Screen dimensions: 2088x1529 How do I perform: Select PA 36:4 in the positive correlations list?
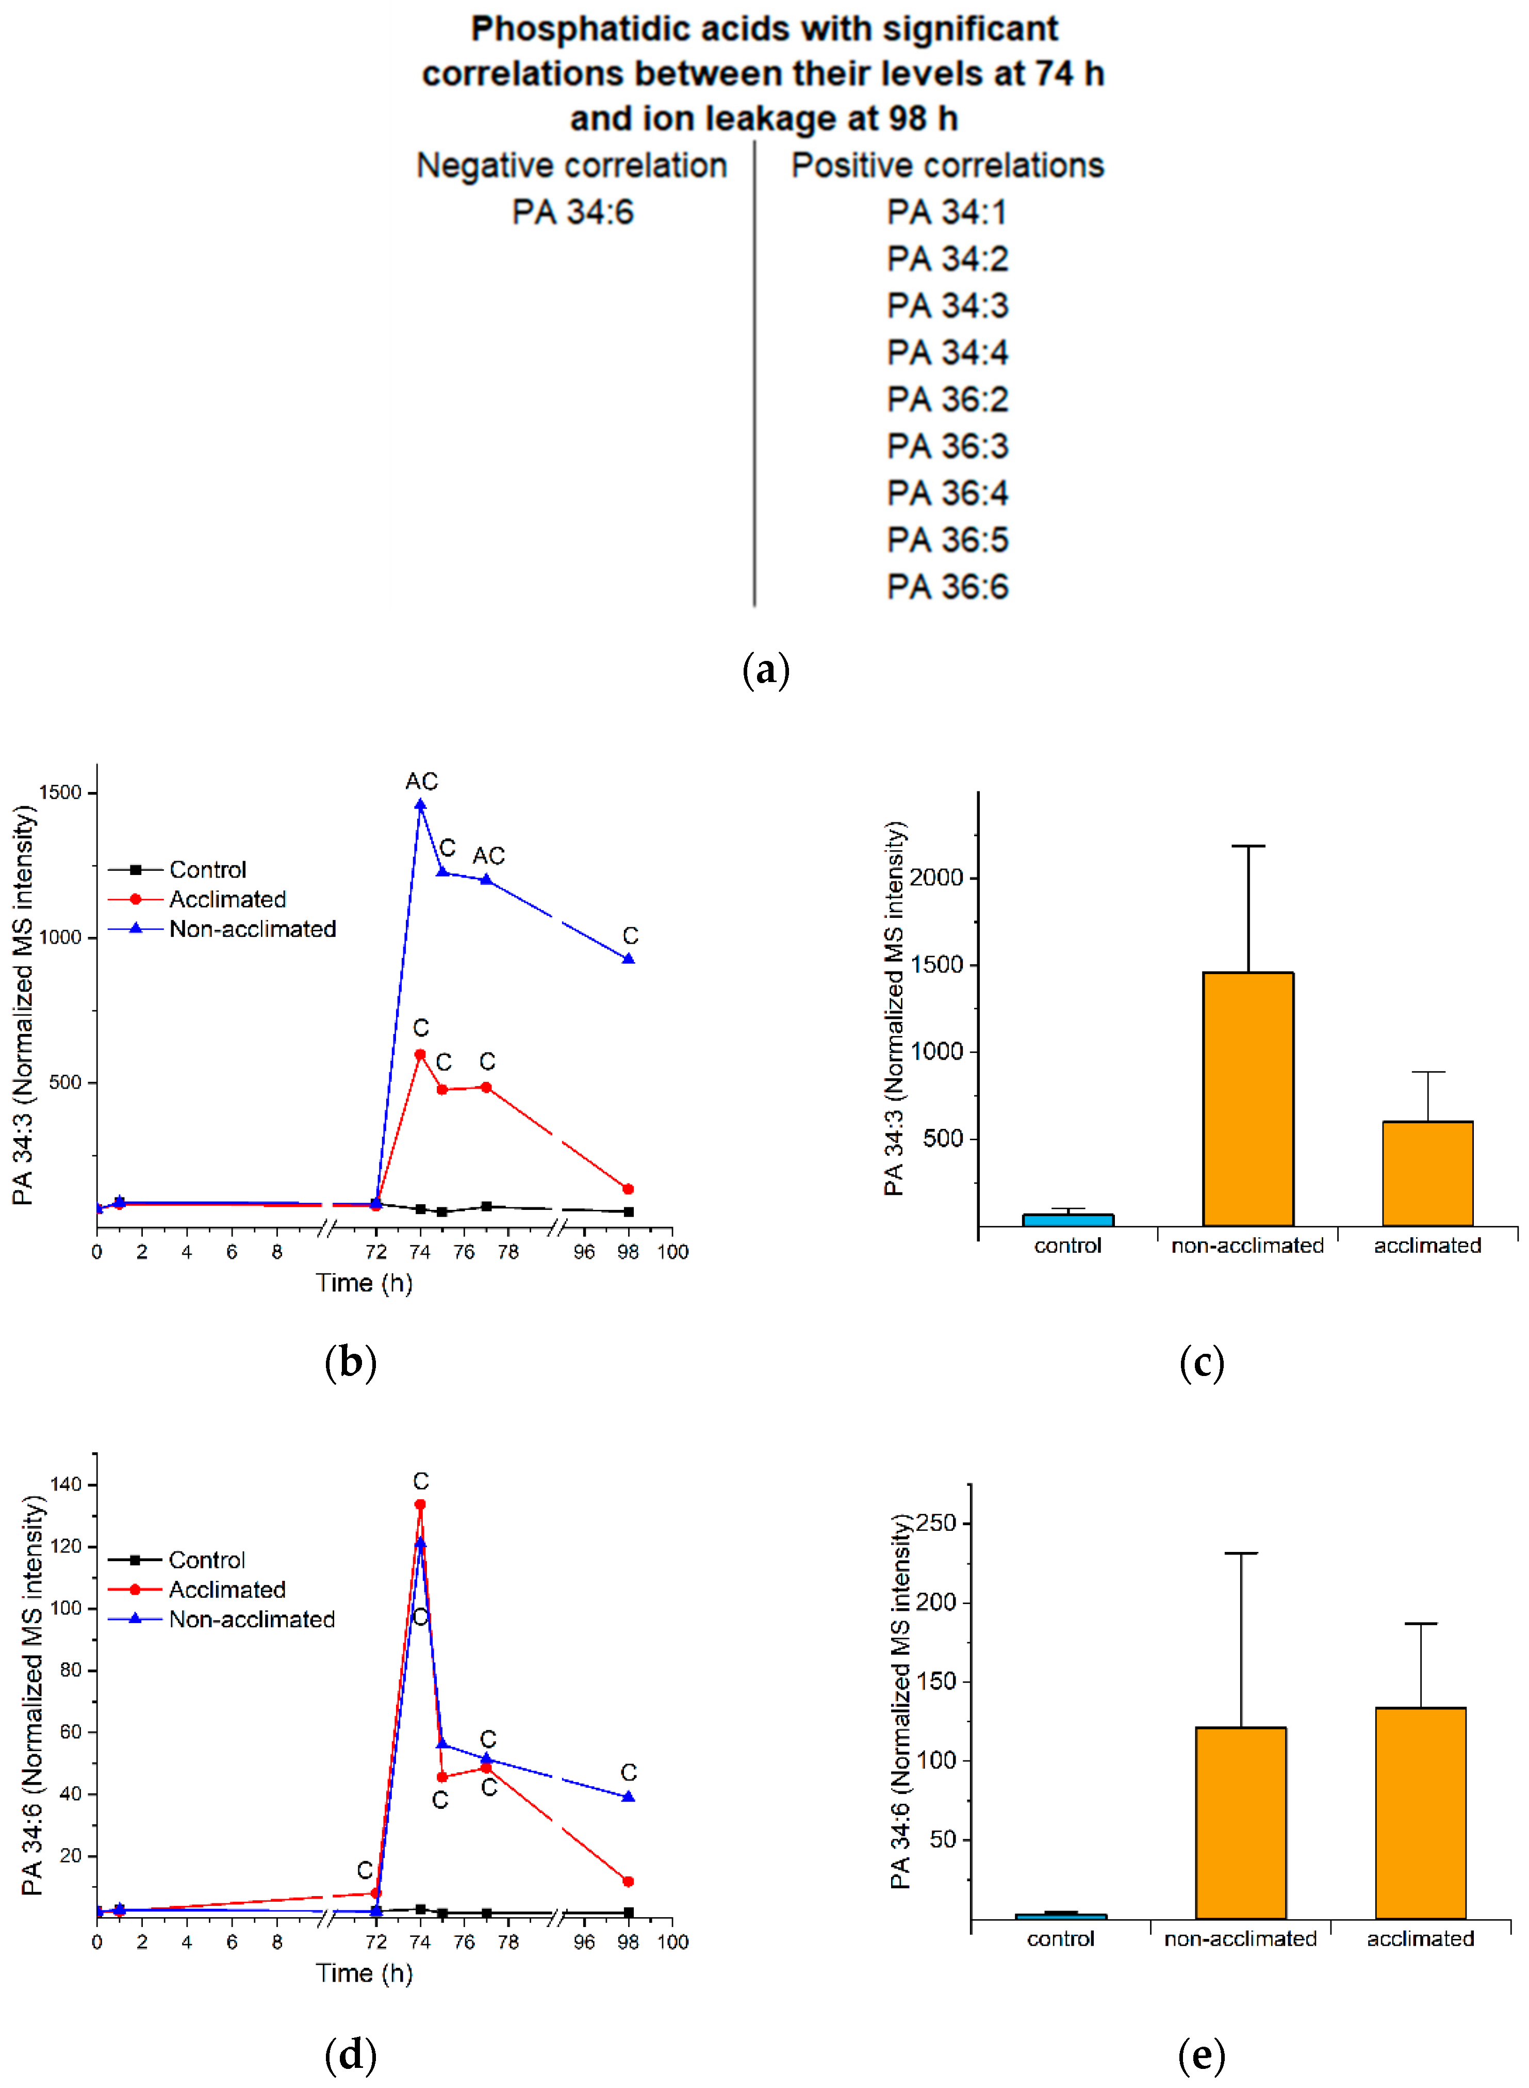(947, 493)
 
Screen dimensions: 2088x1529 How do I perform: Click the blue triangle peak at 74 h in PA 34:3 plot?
(420, 805)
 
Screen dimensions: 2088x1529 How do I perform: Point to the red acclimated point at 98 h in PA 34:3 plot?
(629, 1189)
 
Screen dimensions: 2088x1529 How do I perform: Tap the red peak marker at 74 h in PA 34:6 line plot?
(420, 1504)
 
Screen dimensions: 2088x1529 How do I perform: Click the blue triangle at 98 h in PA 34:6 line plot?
(629, 1796)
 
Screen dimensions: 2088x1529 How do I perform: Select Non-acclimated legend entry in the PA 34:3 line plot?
(252, 929)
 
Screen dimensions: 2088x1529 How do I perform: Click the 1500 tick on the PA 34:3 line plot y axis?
(60, 792)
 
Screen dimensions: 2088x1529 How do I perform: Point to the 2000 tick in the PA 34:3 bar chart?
(936, 877)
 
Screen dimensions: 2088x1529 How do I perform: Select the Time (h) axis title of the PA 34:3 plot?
(364, 1283)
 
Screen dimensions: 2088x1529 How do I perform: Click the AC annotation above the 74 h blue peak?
(421, 781)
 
